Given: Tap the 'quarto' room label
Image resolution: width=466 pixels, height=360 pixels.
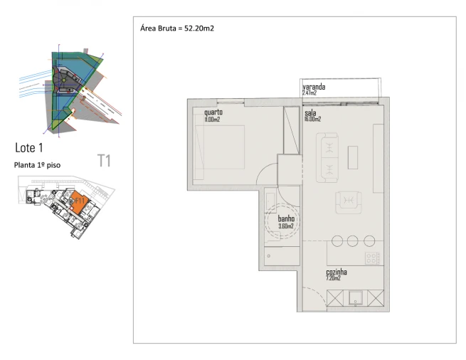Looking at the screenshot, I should (213, 112).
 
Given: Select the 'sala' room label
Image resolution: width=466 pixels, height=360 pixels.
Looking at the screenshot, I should (310, 112).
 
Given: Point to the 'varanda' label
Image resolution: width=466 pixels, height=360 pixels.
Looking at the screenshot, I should (314, 87).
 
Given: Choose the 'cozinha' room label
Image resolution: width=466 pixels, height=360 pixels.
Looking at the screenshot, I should (336, 272).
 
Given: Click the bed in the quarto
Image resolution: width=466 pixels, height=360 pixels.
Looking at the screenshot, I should (221, 152).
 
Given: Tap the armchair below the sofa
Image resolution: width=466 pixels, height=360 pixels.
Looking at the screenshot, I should (348, 202).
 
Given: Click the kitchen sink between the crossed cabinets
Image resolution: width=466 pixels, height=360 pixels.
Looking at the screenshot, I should (354, 300).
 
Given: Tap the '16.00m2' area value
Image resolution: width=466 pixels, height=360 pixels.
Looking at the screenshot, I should (313, 120).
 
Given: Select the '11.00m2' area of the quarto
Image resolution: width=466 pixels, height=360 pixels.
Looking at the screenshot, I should (212, 120).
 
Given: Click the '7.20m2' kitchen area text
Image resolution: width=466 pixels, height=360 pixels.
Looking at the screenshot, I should (334, 278).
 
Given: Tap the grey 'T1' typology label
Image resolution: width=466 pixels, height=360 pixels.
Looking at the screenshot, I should (104, 161).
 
